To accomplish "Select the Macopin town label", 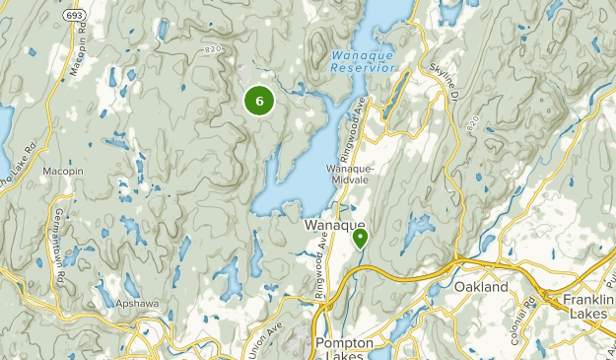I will tap(60, 171).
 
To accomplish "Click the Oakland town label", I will tap(482, 287).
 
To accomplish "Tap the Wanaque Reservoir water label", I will tap(364, 62).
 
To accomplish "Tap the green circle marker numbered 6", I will tap(258, 100).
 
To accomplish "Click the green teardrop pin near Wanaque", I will tap(360, 237).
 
